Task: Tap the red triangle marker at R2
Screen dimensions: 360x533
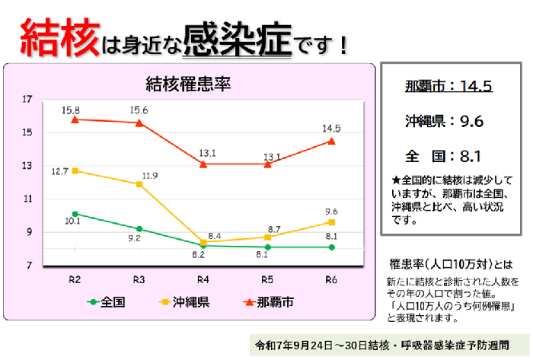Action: [75, 119]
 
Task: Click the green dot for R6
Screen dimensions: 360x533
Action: [332, 247]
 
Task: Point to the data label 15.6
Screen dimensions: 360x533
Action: [139, 110]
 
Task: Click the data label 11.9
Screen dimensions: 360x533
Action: [149, 176]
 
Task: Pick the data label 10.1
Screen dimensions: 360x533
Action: [73, 221]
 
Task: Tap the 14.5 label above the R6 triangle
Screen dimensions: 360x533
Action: [332, 128]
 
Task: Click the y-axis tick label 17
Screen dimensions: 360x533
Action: [27, 99]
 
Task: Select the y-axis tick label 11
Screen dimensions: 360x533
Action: [27, 199]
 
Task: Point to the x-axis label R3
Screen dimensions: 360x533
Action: [139, 279]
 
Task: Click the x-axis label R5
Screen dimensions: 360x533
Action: [268, 279]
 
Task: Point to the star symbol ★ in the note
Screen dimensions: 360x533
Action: [395, 180]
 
